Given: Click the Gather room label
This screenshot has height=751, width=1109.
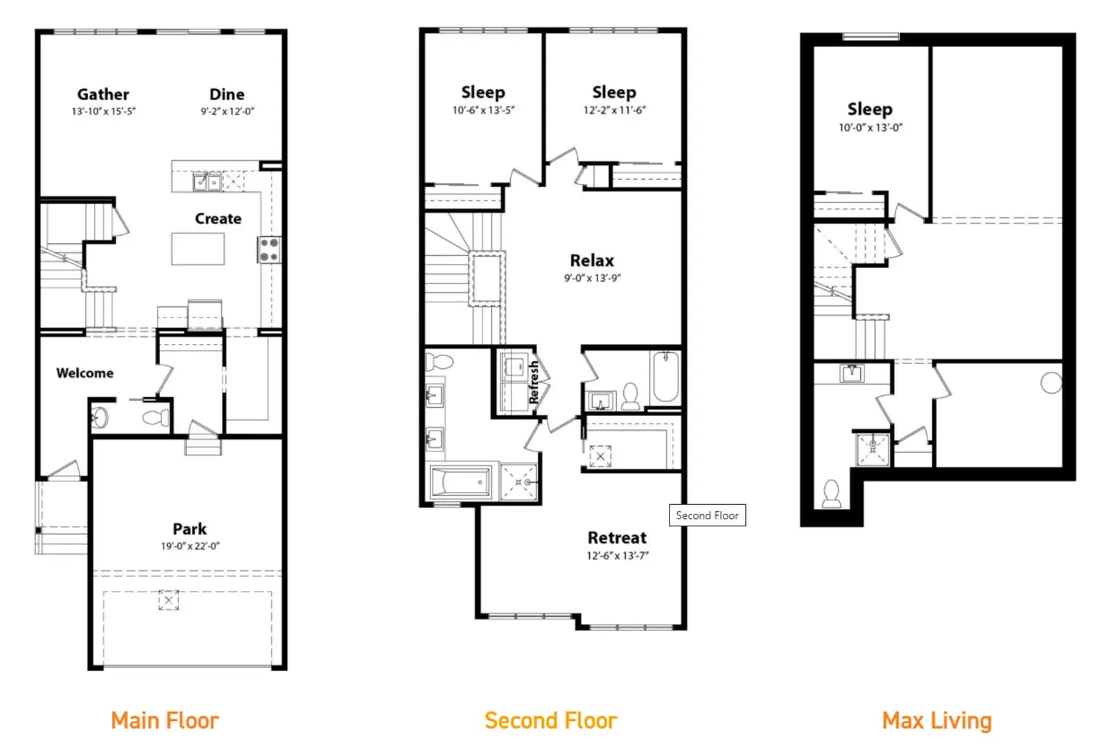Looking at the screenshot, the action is tap(103, 94).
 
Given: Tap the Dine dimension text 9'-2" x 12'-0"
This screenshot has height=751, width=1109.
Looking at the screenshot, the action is tap(227, 112).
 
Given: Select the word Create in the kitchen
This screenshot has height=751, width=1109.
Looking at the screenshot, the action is tap(218, 218).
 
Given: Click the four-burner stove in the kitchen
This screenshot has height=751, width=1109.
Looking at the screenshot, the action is tap(270, 250).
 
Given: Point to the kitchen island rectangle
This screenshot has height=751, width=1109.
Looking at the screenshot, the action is tap(198, 249).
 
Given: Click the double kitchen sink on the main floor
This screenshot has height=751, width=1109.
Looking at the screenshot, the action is tap(207, 182).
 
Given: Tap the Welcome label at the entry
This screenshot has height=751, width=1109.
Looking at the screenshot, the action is tap(85, 373).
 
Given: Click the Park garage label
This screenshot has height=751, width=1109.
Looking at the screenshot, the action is tap(190, 529).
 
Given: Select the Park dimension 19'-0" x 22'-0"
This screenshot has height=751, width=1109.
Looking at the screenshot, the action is tap(190, 546).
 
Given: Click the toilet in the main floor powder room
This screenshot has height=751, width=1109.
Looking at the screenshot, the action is tap(156, 417).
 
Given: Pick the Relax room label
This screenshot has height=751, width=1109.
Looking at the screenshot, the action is tap(592, 261).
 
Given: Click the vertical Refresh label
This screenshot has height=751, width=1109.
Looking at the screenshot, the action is tap(533, 382).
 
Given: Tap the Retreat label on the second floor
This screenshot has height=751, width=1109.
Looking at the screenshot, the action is tap(617, 537).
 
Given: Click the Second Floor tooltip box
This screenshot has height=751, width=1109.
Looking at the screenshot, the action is tap(707, 515).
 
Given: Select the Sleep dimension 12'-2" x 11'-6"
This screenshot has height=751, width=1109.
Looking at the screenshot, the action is tap(614, 110).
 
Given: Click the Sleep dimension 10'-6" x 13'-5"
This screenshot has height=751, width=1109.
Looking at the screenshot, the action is tap(483, 110).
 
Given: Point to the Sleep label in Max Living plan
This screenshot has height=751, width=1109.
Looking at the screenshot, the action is tap(870, 110).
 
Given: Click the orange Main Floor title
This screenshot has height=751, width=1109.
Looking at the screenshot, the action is tap(165, 720).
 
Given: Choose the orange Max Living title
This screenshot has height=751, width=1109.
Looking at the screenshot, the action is tap(936, 720).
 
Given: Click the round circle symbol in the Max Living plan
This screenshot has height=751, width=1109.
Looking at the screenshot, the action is tap(1051, 383).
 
